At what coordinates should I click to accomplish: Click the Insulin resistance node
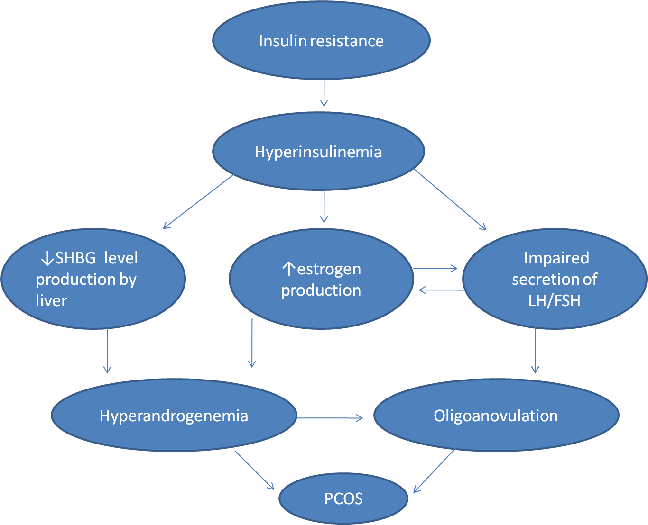click(x=321, y=41)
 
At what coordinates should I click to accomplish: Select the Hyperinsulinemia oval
click(x=318, y=152)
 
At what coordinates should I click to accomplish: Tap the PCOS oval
click(x=343, y=498)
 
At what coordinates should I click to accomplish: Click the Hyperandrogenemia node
click(x=174, y=416)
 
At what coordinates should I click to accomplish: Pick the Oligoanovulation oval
click(x=496, y=416)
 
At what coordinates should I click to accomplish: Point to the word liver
click(x=51, y=300)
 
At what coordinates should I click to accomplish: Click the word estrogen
click(x=329, y=269)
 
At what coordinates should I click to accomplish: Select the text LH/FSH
click(x=554, y=300)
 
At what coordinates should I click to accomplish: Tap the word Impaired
click(x=556, y=258)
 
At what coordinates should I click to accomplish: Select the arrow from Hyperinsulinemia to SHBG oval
click(x=198, y=202)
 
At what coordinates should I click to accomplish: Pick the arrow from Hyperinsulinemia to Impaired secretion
click(x=450, y=199)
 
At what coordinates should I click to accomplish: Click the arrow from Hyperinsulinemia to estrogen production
click(x=324, y=207)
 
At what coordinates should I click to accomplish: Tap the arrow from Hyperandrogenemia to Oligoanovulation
click(x=330, y=418)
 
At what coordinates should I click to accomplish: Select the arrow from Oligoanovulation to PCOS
click(x=434, y=471)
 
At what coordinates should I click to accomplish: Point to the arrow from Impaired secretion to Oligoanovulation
click(x=535, y=351)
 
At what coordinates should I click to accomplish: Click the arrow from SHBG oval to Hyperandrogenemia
click(x=107, y=351)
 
